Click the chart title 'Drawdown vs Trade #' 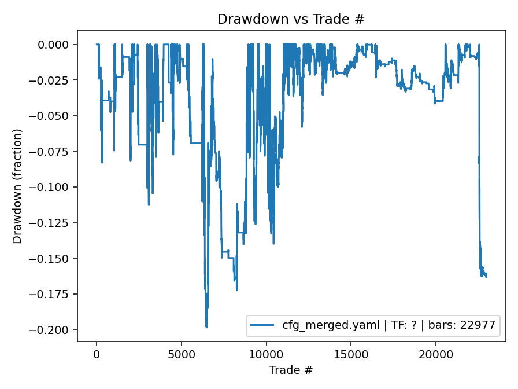click(291, 19)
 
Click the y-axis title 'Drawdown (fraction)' click(17, 186)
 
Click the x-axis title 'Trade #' click(291, 369)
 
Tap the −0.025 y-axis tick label click(53, 80)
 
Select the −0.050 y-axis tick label click(53, 116)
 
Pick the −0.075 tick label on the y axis click(53, 151)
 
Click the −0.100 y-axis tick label click(53, 187)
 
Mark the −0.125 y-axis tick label click(53, 223)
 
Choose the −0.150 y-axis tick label click(53, 258)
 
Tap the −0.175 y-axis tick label click(53, 294)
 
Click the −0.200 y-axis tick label click(53, 330)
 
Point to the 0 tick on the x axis click(97, 354)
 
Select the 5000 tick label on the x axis click(182, 354)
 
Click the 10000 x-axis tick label click(267, 354)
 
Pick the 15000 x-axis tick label click(351, 354)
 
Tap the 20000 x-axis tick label click(436, 354)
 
